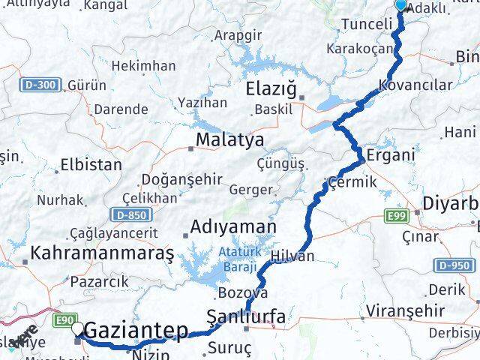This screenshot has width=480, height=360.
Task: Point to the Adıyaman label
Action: (233, 226)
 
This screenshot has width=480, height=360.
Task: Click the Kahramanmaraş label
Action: (102, 254)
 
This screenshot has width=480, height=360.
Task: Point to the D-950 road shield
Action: (454, 265)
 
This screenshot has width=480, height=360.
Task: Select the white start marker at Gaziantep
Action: (78, 328)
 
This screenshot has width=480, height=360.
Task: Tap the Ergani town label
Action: (389, 156)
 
